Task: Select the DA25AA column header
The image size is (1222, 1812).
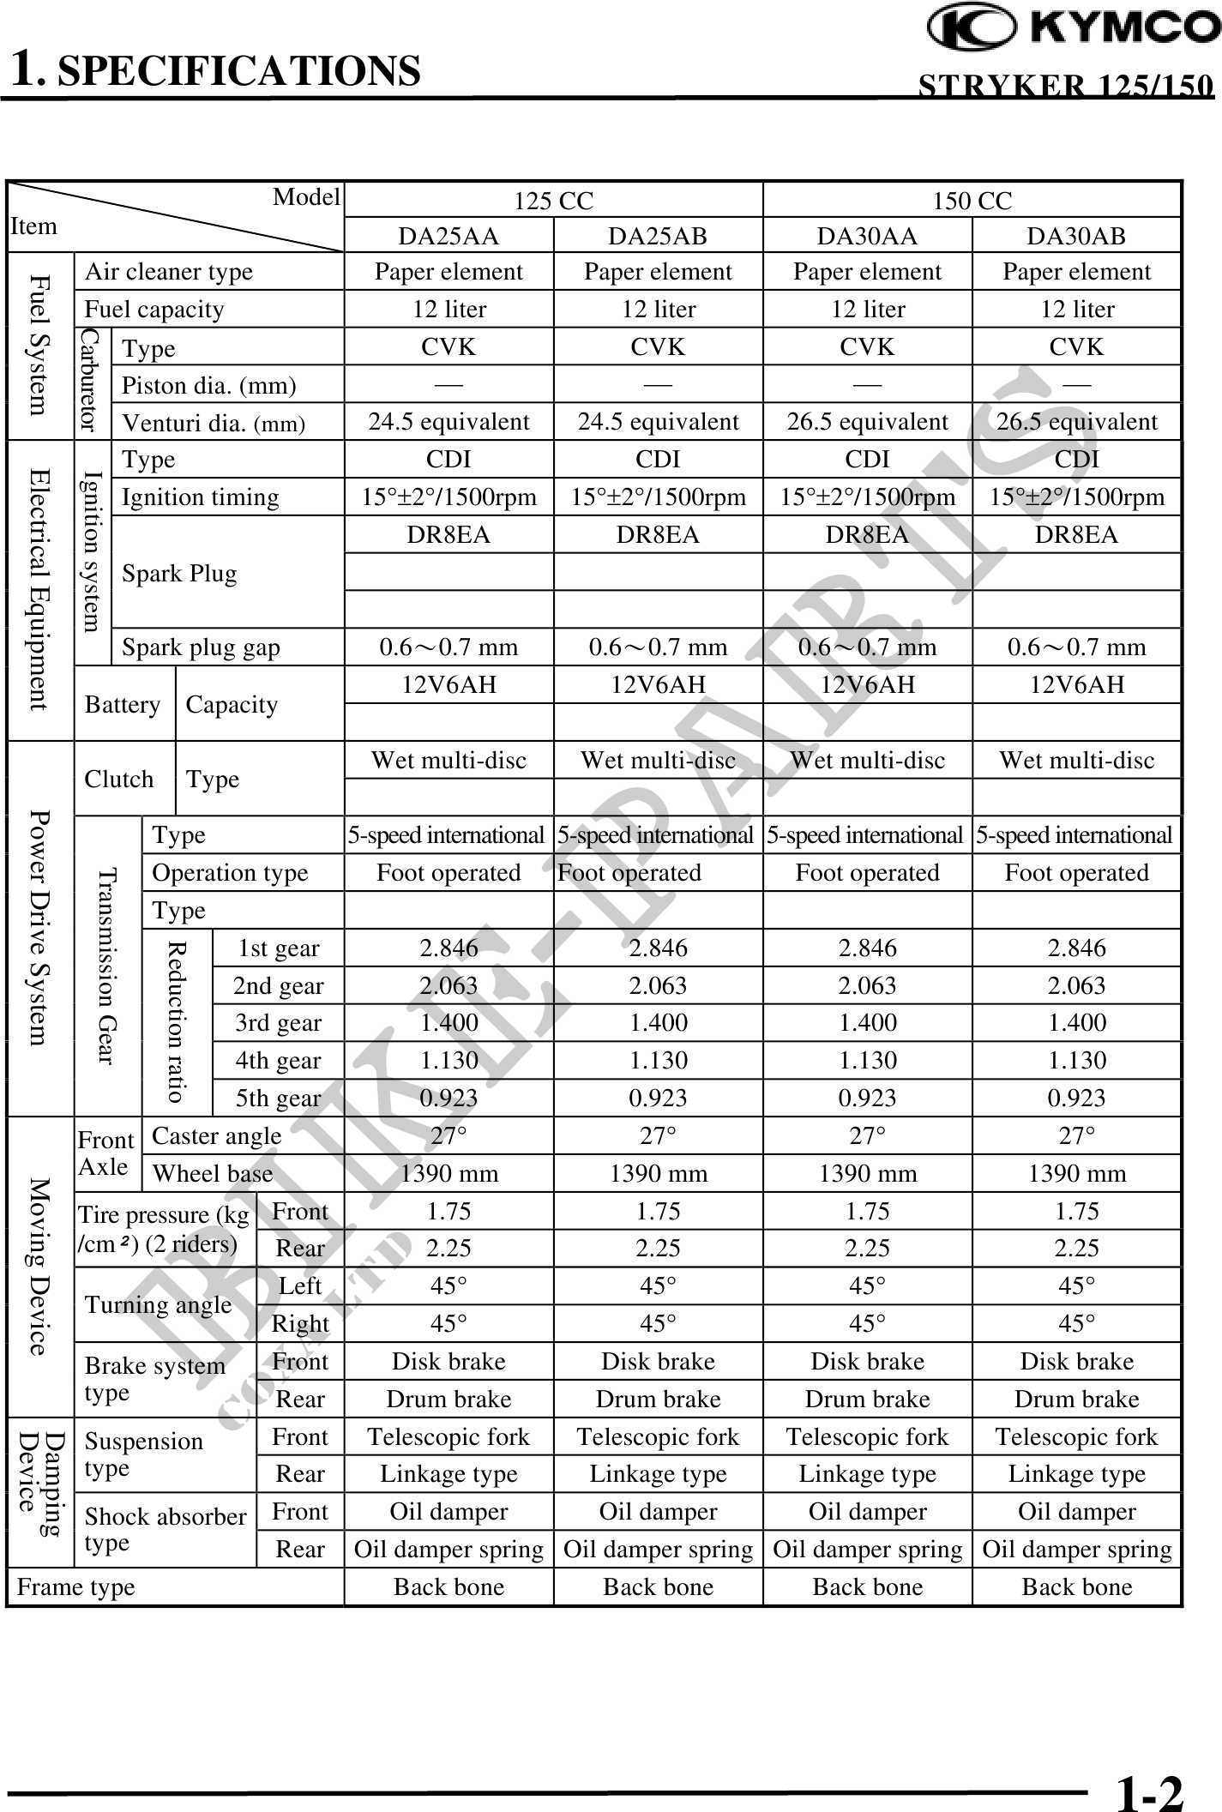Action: pyautogui.click(x=448, y=236)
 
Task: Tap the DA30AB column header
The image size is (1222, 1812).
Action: pyautogui.click(x=1076, y=236)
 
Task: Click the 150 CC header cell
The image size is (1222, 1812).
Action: pyautogui.click(x=972, y=202)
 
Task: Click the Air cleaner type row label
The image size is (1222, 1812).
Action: pyautogui.click(x=169, y=272)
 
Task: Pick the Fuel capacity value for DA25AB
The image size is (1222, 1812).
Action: pyautogui.click(x=658, y=309)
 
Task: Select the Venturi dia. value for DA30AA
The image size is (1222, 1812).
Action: pyautogui.click(x=867, y=422)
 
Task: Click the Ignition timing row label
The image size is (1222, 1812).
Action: pyautogui.click(x=200, y=497)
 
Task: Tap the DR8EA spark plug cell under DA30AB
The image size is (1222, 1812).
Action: pyautogui.click(x=1076, y=535)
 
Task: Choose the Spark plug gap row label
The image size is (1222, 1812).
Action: pyautogui.click(x=201, y=647)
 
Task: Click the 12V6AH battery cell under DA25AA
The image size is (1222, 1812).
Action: pyautogui.click(x=448, y=684)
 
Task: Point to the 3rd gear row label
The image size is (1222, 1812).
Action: pyautogui.click(x=279, y=1023)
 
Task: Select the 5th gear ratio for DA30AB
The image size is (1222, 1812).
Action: pyautogui.click(x=1076, y=1098)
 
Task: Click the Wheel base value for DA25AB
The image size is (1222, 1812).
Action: pyautogui.click(x=658, y=1173)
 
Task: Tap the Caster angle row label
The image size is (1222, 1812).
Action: pyautogui.click(x=216, y=1136)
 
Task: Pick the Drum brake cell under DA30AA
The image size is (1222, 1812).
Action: pyautogui.click(x=867, y=1400)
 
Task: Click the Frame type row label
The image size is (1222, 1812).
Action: pyautogui.click(x=76, y=1587)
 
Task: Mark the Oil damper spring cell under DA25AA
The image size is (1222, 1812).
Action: pyautogui.click(x=448, y=1550)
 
